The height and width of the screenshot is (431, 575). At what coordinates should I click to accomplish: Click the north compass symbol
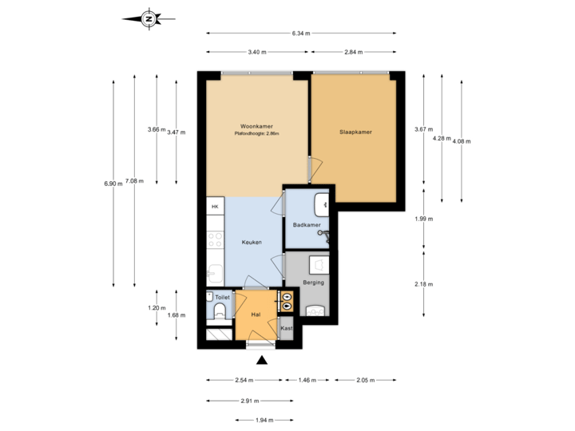pos(148,18)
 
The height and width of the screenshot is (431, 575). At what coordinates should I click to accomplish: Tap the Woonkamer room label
pos(256,125)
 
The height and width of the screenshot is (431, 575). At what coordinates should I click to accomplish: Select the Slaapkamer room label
pos(355,132)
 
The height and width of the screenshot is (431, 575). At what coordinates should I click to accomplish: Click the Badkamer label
pos(307,225)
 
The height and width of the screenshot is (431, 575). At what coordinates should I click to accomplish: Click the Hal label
pos(256,315)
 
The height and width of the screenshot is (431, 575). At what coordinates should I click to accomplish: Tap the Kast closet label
pos(287,328)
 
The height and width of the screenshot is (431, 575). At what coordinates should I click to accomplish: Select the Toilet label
pos(222,297)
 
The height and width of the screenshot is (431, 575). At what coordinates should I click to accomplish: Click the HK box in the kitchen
pos(214,207)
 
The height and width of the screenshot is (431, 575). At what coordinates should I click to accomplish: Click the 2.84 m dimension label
pos(354,52)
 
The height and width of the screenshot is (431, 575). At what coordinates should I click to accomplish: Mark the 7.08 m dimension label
pos(135,180)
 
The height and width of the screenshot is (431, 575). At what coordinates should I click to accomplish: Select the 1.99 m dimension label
pos(423,219)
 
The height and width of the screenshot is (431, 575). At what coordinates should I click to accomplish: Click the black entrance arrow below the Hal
pos(261,359)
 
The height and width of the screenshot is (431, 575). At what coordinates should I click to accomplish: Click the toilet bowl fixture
pos(220,310)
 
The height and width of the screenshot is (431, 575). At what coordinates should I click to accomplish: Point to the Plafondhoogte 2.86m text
pos(256,134)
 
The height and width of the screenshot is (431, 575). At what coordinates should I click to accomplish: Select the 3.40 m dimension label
pos(257,52)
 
